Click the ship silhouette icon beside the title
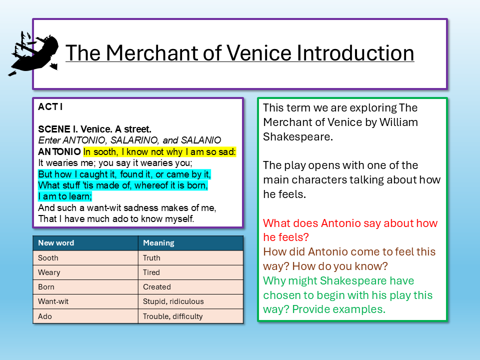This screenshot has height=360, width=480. coord(33,53)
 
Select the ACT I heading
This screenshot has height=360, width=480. coord(50,107)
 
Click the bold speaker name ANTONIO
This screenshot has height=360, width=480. coord(59,151)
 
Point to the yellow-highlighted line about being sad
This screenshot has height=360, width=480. coord(159,151)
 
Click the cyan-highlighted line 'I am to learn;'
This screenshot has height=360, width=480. coord(65,196)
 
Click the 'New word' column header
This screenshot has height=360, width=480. coord(56,243)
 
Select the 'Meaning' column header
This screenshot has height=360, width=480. coord(158,243)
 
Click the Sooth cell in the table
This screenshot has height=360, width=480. coord(48,258)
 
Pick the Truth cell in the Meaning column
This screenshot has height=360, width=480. coord(151,258)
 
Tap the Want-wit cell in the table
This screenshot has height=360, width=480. coord(53,301)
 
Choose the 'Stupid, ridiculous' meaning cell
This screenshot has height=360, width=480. coord(173,301)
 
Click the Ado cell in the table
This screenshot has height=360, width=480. coord(44,316)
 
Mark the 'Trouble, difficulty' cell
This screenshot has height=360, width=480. coord(172,316)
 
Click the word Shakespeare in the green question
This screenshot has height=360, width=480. coord(367,281)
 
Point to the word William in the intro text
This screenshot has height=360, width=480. coord(398,122)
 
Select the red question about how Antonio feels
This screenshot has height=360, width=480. coord(350,230)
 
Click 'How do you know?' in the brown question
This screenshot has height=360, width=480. coord(340,266)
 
